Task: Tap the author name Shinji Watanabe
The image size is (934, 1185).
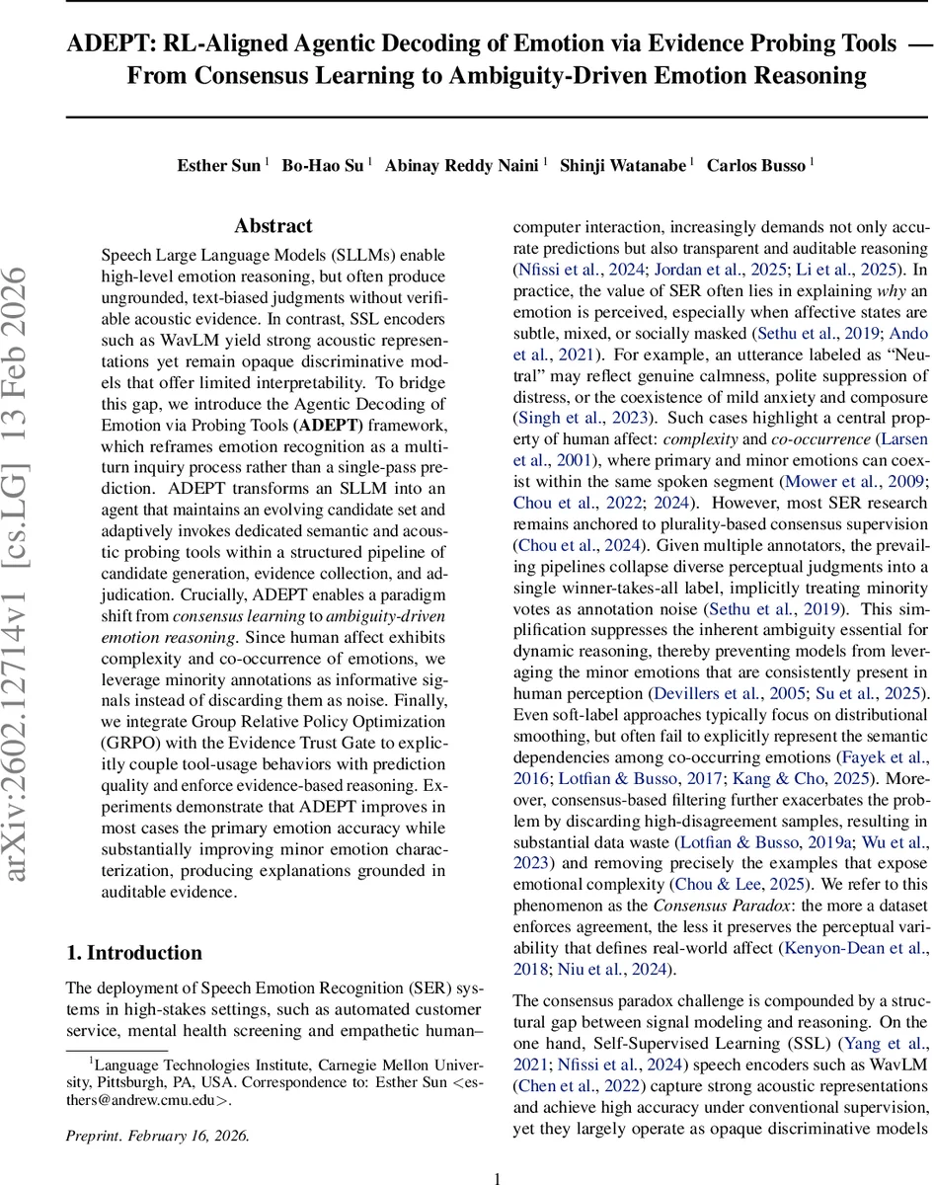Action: tap(623, 165)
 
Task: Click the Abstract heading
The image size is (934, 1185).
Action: tap(273, 226)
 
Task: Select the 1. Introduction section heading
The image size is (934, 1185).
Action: tap(133, 952)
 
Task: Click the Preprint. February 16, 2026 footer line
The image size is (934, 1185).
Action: tap(158, 1136)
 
